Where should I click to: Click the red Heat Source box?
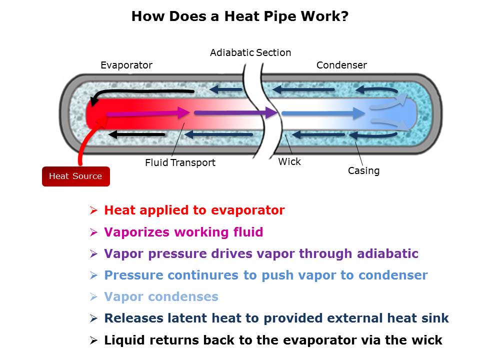coord(75,176)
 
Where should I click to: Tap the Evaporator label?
coord(126,65)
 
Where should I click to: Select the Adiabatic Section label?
coord(250,52)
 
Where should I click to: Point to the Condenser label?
coord(341,65)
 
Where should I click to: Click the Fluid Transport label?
coord(180,162)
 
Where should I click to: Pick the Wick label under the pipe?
coord(289,161)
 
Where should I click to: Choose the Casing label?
coord(363,170)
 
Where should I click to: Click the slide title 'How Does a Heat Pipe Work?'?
coord(239,16)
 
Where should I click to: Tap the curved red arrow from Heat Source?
coord(86,140)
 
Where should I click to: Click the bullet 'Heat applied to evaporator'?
coord(194,210)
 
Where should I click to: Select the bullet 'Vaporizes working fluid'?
coord(183,232)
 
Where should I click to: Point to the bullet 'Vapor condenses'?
coord(161,296)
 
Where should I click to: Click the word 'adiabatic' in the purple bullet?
coord(387,253)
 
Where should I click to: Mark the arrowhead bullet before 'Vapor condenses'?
coord(93,297)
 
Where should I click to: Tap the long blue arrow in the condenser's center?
coord(322,113)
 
